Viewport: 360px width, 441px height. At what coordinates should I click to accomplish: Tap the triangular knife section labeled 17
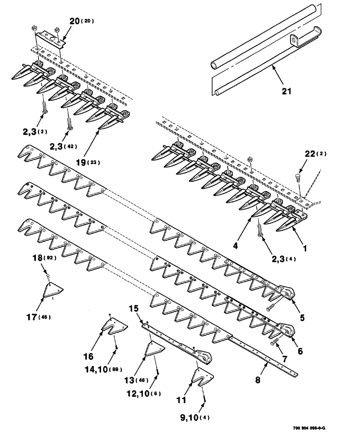(55, 291)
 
